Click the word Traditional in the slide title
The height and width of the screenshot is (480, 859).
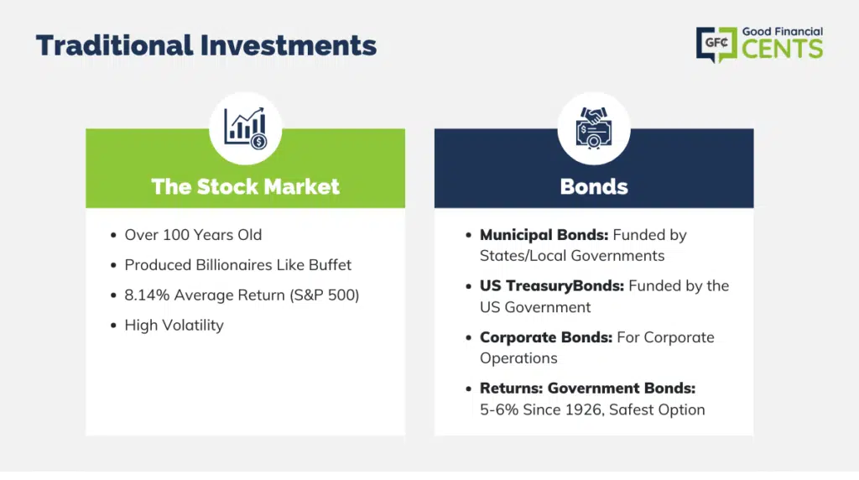(114, 45)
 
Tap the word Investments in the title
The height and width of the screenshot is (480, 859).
(289, 45)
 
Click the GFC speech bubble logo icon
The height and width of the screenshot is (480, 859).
(716, 44)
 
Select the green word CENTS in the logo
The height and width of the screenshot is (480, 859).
(783, 49)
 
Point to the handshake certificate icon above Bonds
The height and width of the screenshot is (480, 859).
(594, 128)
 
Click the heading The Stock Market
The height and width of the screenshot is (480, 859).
(246, 186)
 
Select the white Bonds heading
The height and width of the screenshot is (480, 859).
(594, 186)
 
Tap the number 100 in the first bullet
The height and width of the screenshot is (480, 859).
(176, 234)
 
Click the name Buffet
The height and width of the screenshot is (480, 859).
(330, 264)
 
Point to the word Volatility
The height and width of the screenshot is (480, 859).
(194, 325)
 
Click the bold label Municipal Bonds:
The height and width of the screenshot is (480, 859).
(544, 234)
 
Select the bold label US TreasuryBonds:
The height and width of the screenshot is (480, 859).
(552, 285)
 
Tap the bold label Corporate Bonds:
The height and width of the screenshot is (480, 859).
(546, 337)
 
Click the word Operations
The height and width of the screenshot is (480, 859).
(518, 358)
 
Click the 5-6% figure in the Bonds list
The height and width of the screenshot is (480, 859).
(499, 410)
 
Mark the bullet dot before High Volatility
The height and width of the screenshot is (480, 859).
(113, 326)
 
